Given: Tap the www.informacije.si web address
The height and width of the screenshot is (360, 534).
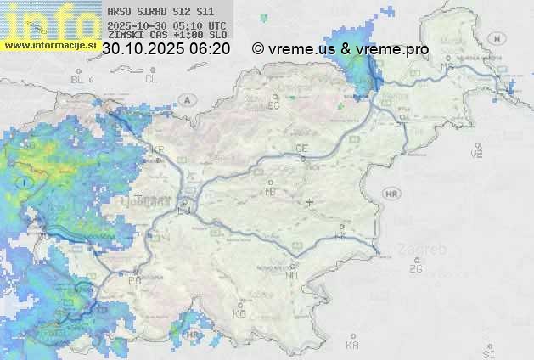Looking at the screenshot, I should (x=51, y=45).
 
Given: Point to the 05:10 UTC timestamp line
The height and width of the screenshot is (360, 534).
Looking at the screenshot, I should (x=166, y=25).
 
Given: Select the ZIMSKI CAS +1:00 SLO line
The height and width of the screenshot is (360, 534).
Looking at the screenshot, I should (x=166, y=36).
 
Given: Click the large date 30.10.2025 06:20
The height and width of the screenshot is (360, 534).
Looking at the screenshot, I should (x=166, y=49).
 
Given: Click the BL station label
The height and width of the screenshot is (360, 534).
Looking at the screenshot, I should (x=79, y=79).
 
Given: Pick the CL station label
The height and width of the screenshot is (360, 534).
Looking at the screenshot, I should (x=151, y=79).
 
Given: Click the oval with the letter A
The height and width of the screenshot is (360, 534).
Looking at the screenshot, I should (x=186, y=99).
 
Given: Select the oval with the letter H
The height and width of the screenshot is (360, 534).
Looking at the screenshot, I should (x=495, y=38).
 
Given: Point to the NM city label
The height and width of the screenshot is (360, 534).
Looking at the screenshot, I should (x=293, y=275).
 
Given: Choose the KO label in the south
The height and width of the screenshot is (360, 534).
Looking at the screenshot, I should (x=239, y=313).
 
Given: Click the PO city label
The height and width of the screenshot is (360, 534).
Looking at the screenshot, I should (x=134, y=280).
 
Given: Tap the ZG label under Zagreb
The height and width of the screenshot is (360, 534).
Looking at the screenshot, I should (x=415, y=269).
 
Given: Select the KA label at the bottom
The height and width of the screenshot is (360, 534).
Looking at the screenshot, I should (x=351, y=345).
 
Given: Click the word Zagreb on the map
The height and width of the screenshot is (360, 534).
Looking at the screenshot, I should (x=427, y=250).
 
